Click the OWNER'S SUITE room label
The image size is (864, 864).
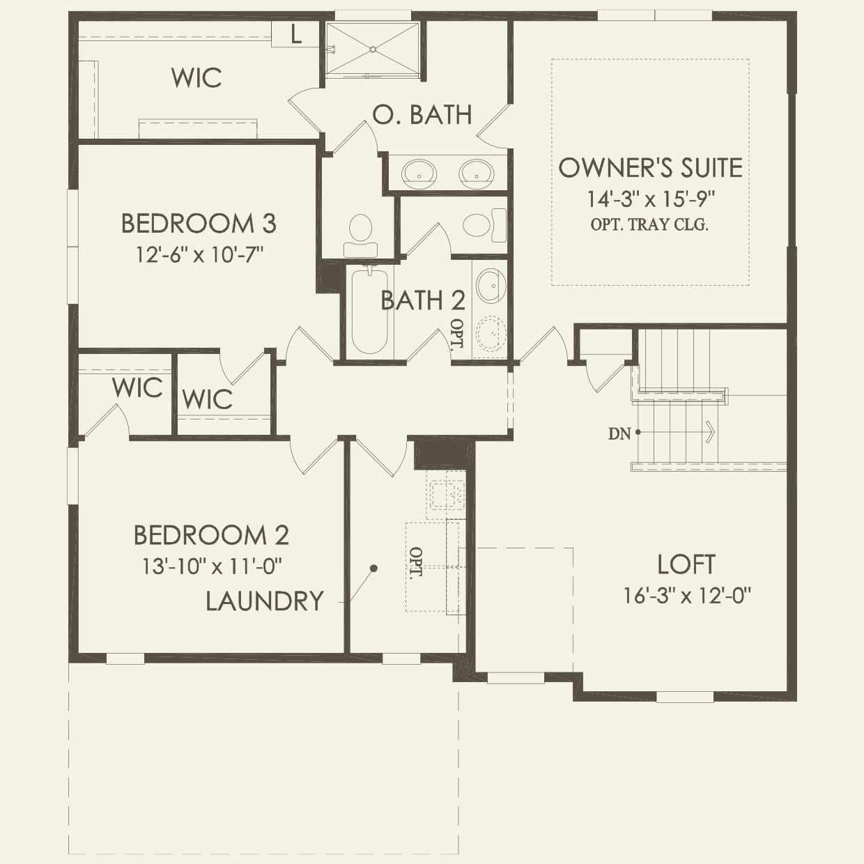[650, 168]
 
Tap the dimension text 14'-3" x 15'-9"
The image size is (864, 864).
[650, 199]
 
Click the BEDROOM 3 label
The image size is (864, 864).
[199, 224]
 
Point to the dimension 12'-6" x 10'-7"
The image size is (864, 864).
[199, 254]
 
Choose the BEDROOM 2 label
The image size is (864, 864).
[211, 535]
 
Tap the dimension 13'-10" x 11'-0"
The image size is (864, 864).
[211, 566]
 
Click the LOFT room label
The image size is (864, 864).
[686, 564]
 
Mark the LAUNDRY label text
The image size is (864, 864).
[265, 601]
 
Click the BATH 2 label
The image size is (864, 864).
[422, 300]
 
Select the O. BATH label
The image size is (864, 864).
[422, 115]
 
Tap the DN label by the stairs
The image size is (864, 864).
[619, 434]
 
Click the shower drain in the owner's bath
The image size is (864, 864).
[373, 49]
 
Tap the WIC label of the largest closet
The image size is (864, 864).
[196, 78]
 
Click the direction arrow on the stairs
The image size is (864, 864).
[709, 432]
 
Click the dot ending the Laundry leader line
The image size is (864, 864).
[373, 569]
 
